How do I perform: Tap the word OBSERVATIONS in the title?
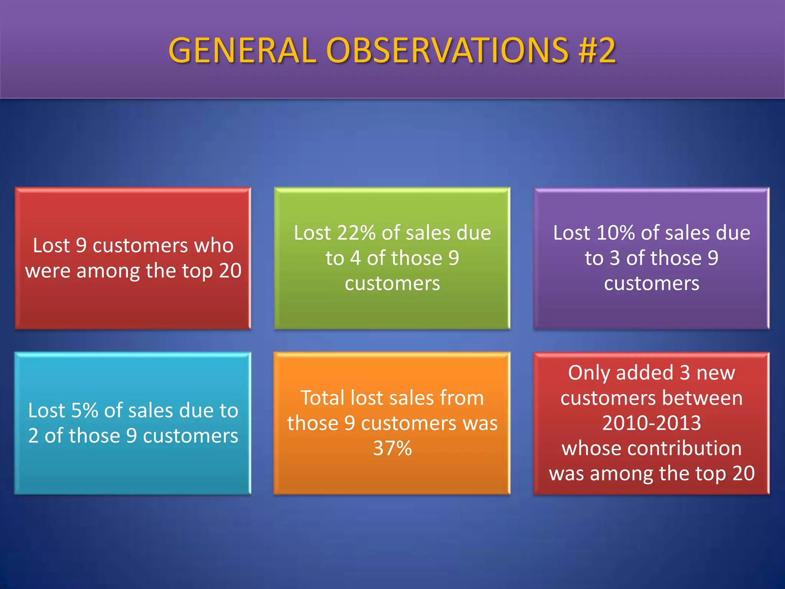447,51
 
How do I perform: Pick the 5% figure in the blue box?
84,410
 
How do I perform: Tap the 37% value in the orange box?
392,448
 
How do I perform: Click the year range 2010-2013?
652,423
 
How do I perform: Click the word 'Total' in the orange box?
322,398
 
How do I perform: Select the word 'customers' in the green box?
392,284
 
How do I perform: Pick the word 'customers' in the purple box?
652,284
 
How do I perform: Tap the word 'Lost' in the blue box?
46,410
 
